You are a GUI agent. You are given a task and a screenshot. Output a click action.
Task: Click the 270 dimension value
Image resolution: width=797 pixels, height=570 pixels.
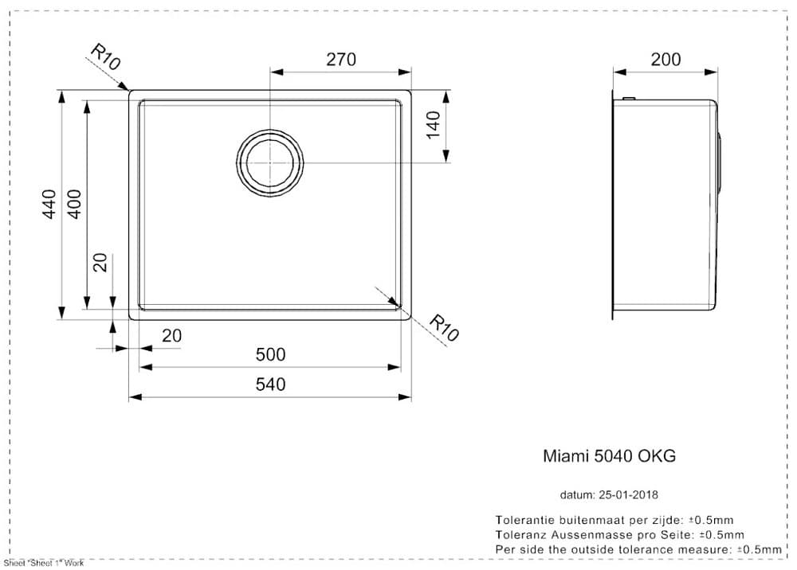pyautogui.click(x=340, y=60)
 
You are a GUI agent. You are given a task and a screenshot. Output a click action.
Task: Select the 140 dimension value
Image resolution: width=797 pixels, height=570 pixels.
pyautogui.click(x=434, y=125)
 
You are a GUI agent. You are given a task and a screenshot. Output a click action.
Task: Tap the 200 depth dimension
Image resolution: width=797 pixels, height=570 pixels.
pyautogui.click(x=665, y=60)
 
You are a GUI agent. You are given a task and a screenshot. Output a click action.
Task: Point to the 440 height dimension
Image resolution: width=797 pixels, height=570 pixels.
pyautogui.click(x=49, y=205)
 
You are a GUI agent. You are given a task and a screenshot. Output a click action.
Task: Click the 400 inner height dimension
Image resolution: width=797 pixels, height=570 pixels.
pyautogui.click(x=74, y=205)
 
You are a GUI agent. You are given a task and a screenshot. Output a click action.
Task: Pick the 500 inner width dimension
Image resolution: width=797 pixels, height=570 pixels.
pyautogui.click(x=270, y=355)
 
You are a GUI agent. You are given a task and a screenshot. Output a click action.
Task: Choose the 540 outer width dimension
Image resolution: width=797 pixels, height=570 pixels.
pyautogui.click(x=270, y=385)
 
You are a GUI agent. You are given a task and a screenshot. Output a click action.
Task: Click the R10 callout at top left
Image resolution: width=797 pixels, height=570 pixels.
pyautogui.click(x=104, y=57)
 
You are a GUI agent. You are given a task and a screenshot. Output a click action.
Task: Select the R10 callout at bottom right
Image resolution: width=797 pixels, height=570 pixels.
pyautogui.click(x=444, y=328)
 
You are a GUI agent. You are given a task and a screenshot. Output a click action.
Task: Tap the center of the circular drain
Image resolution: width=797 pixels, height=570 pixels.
pyautogui.click(x=270, y=162)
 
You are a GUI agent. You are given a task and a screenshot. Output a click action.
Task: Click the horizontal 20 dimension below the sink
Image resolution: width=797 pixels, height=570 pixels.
pyautogui.click(x=171, y=336)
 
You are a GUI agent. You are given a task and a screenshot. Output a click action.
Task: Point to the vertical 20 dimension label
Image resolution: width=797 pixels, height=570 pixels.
pyautogui.click(x=100, y=263)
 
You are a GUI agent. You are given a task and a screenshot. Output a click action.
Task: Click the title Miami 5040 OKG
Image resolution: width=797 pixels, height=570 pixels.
pyautogui.click(x=609, y=456)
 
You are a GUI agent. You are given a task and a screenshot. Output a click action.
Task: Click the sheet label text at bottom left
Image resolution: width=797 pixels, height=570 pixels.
pyautogui.click(x=44, y=563)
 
